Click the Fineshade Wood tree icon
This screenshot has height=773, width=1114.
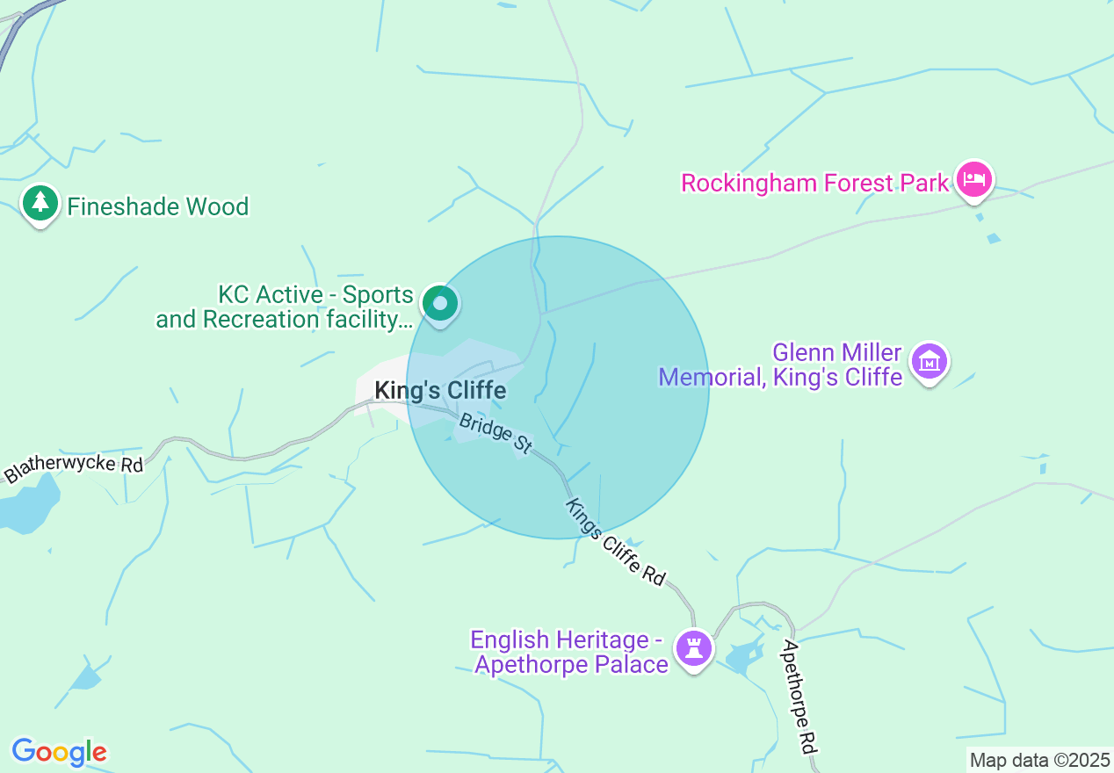pyautogui.click(x=40, y=204)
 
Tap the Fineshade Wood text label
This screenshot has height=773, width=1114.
pyautogui.click(x=158, y=207)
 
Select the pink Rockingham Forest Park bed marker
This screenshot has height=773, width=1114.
pyautogui.click(x=973, y=180)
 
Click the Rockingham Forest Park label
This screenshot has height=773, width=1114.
pyautogui.click(x=815, y=183)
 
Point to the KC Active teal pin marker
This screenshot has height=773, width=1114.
pyautogui.click(x=439, y=304)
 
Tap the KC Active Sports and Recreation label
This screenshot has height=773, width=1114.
pyautogui.click(x=285, y=307)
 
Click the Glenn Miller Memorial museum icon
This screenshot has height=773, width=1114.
pyautogui.click(x=930, y=361)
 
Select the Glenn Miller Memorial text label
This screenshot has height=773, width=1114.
pyautogui.click(x=780, y=365)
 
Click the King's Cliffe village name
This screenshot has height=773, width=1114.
pyautogui.click(x=440, y=390)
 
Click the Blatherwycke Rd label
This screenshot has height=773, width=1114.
pyautogui.click(x=74, y=465)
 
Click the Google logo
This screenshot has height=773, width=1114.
pyautogui.click(x=59, y=752)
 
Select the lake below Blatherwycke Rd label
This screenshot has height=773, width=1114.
pyautogui.click(x=26, y=509)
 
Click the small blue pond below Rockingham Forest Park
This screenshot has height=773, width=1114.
pyautogui.click(x=994, y=238)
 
